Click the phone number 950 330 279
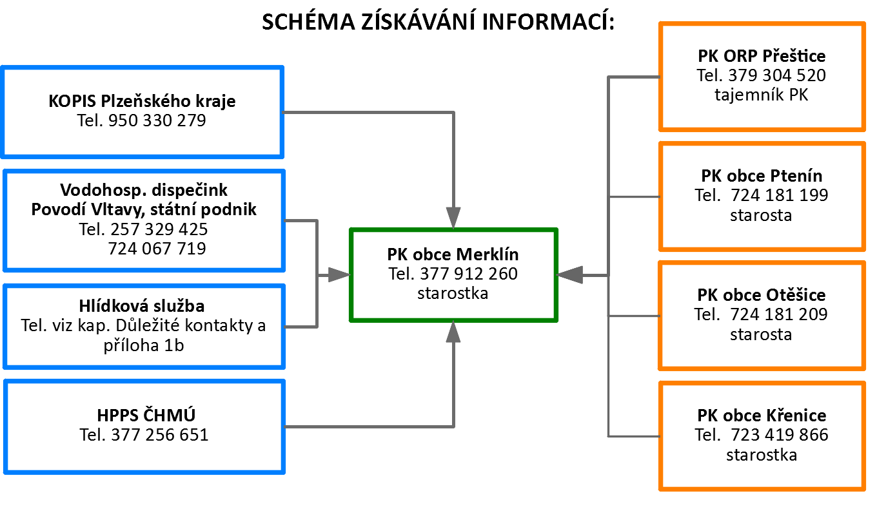[157, 120]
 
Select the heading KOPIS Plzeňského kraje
[142, 101]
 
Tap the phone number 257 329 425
[159, 229]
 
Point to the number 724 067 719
[157, 249]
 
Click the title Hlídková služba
[142, 306]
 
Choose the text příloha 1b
[144, 345]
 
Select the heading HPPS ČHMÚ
[146, 415]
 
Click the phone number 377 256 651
[160, 435]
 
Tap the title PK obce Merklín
[453, 254]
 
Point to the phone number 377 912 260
[469, 274]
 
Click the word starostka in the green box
[453, 293]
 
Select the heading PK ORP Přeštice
[762, 56]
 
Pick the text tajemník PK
[762, 95]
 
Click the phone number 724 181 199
[780, 195]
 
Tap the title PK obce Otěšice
[762, 295]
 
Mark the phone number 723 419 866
[780, 435]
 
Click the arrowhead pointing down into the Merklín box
[453, 218]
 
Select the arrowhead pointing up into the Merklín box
[453, 332]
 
